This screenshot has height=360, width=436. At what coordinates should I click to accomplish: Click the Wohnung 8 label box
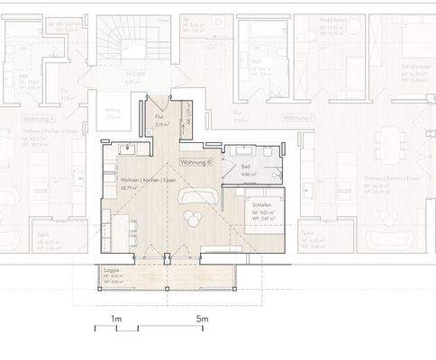click(195, 163)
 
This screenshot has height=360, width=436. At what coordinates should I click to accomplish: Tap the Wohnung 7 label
click(297, 118)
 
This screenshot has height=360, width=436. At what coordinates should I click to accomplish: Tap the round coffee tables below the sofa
click(193, 216)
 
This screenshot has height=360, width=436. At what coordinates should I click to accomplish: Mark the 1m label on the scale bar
click(116, 319)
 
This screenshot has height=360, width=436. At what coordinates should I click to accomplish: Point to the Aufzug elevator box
click(112, 112)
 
